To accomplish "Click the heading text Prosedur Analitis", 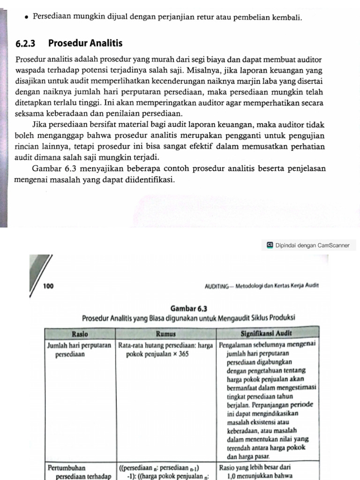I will pyautogui.click(x=85, y=44).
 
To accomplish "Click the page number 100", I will pyautogui.click(x=48, y=285).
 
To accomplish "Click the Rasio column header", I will pyautogui.click(x=81, y=334).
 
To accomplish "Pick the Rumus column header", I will pyautogui.click(x=166, y=334).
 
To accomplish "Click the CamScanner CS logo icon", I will pyautogui.click(x=270, y=245).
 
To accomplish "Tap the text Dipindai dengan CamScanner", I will pyautogui.click(x=313, y=245).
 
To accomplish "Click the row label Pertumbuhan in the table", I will pyautogui.click(x=66, y=467).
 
